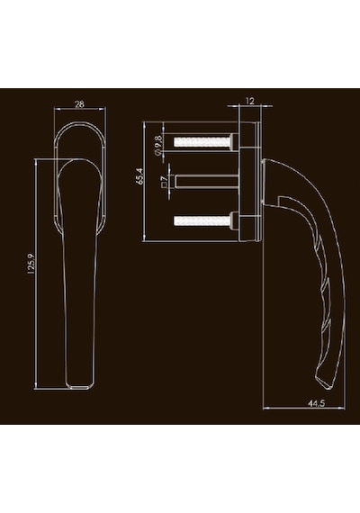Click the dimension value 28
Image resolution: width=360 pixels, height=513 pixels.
pos(79,104)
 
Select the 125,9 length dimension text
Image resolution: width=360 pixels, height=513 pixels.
pos(31,263)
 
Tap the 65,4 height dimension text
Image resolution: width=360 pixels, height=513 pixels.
pos(139,176)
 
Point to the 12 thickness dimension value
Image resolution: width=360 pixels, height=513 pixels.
pos(249,101)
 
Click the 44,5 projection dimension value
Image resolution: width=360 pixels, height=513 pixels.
pos(316,403)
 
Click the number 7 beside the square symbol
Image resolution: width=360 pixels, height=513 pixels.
pos(164,178)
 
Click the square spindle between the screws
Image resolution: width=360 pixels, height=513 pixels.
pos(207,182)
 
